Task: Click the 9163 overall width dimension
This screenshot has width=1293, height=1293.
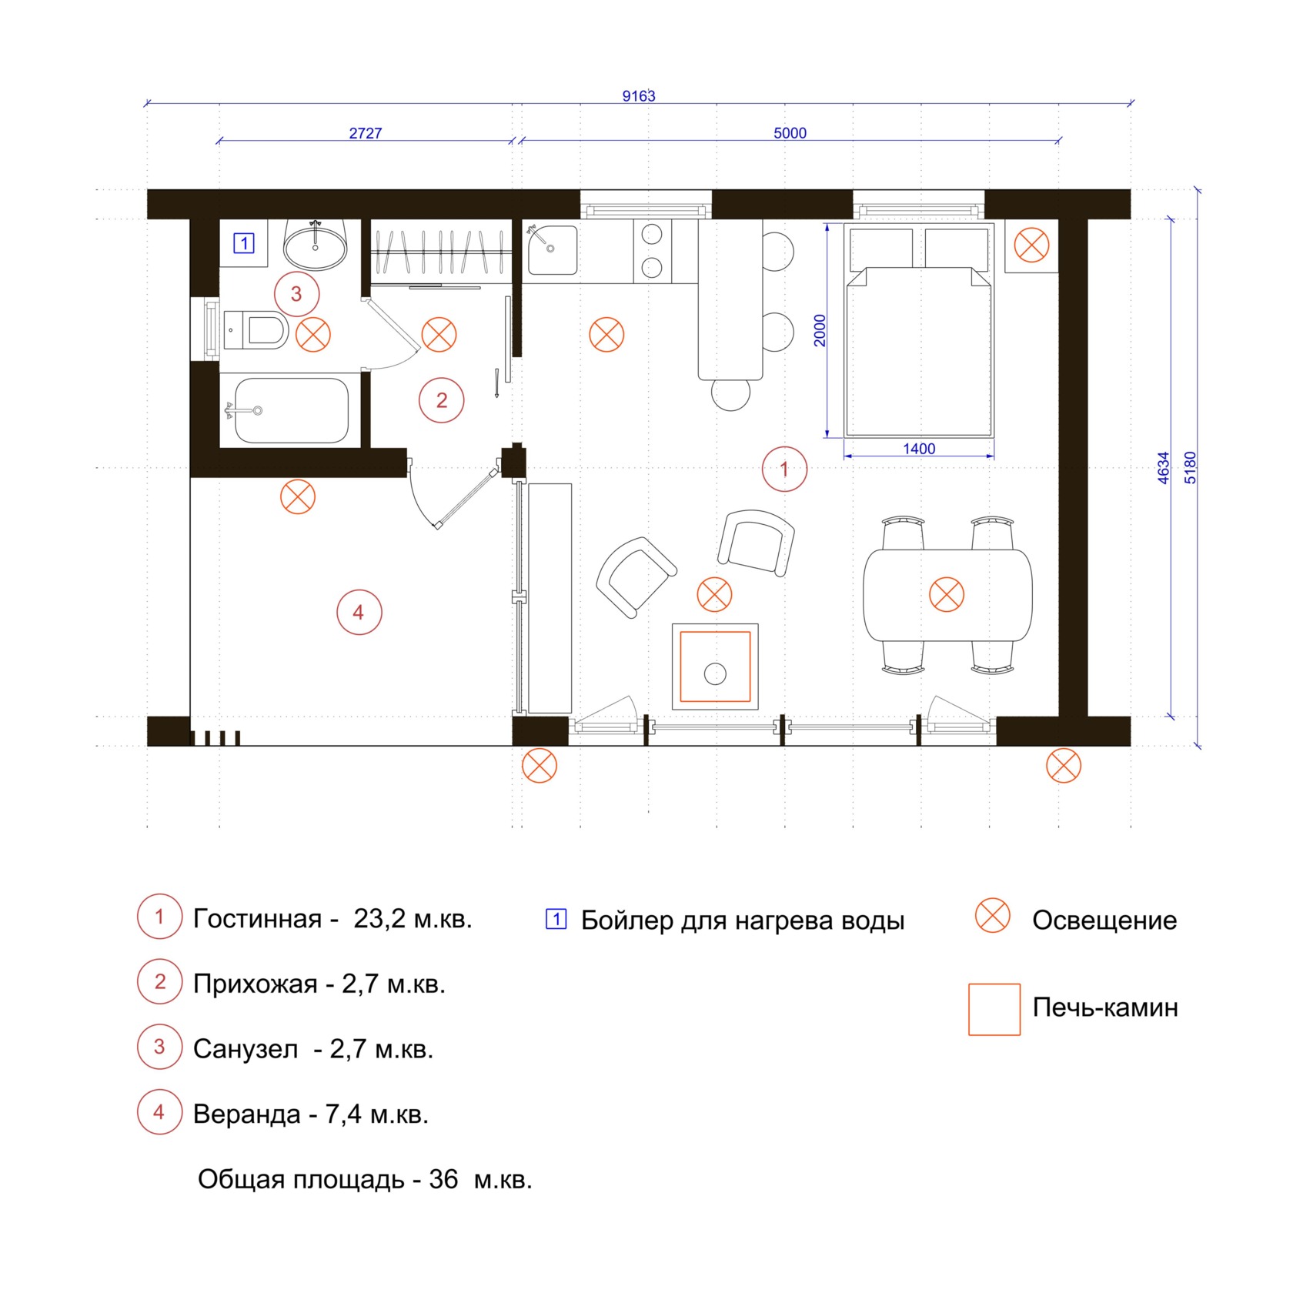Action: tap(639, 96)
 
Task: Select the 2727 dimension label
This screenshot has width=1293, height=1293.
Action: tap(366, 133)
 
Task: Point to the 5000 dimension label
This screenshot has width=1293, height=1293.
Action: tap(790, 133)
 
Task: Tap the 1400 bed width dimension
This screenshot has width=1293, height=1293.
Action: tap(919, 449)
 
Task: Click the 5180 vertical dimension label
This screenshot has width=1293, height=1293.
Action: tap(1191, 467)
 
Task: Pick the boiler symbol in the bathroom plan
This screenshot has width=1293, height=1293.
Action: tap(244, 243)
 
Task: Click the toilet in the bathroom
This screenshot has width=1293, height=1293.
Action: tap(256, 330)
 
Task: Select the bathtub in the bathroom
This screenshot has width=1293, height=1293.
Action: tap(291, 410)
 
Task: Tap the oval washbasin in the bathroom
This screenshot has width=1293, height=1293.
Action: tap(316, 245)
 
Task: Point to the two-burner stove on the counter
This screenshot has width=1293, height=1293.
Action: tap(653, 250)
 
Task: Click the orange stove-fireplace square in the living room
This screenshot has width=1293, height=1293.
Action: tap(716, 667)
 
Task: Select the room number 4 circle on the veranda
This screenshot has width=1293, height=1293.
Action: tap(359, 612)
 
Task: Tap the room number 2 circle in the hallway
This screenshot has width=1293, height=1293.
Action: tap(442, 400)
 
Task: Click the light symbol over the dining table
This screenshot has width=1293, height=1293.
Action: tap(947, 595)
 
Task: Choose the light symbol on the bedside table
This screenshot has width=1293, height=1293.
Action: tap(1031, 246)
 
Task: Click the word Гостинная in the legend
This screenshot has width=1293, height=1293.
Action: tap(257, 919)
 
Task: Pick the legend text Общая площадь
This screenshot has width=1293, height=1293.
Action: tap(301, 1179)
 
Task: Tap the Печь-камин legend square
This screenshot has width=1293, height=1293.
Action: tap(994, 1009)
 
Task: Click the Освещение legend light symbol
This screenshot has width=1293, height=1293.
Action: tap(993, 916)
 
